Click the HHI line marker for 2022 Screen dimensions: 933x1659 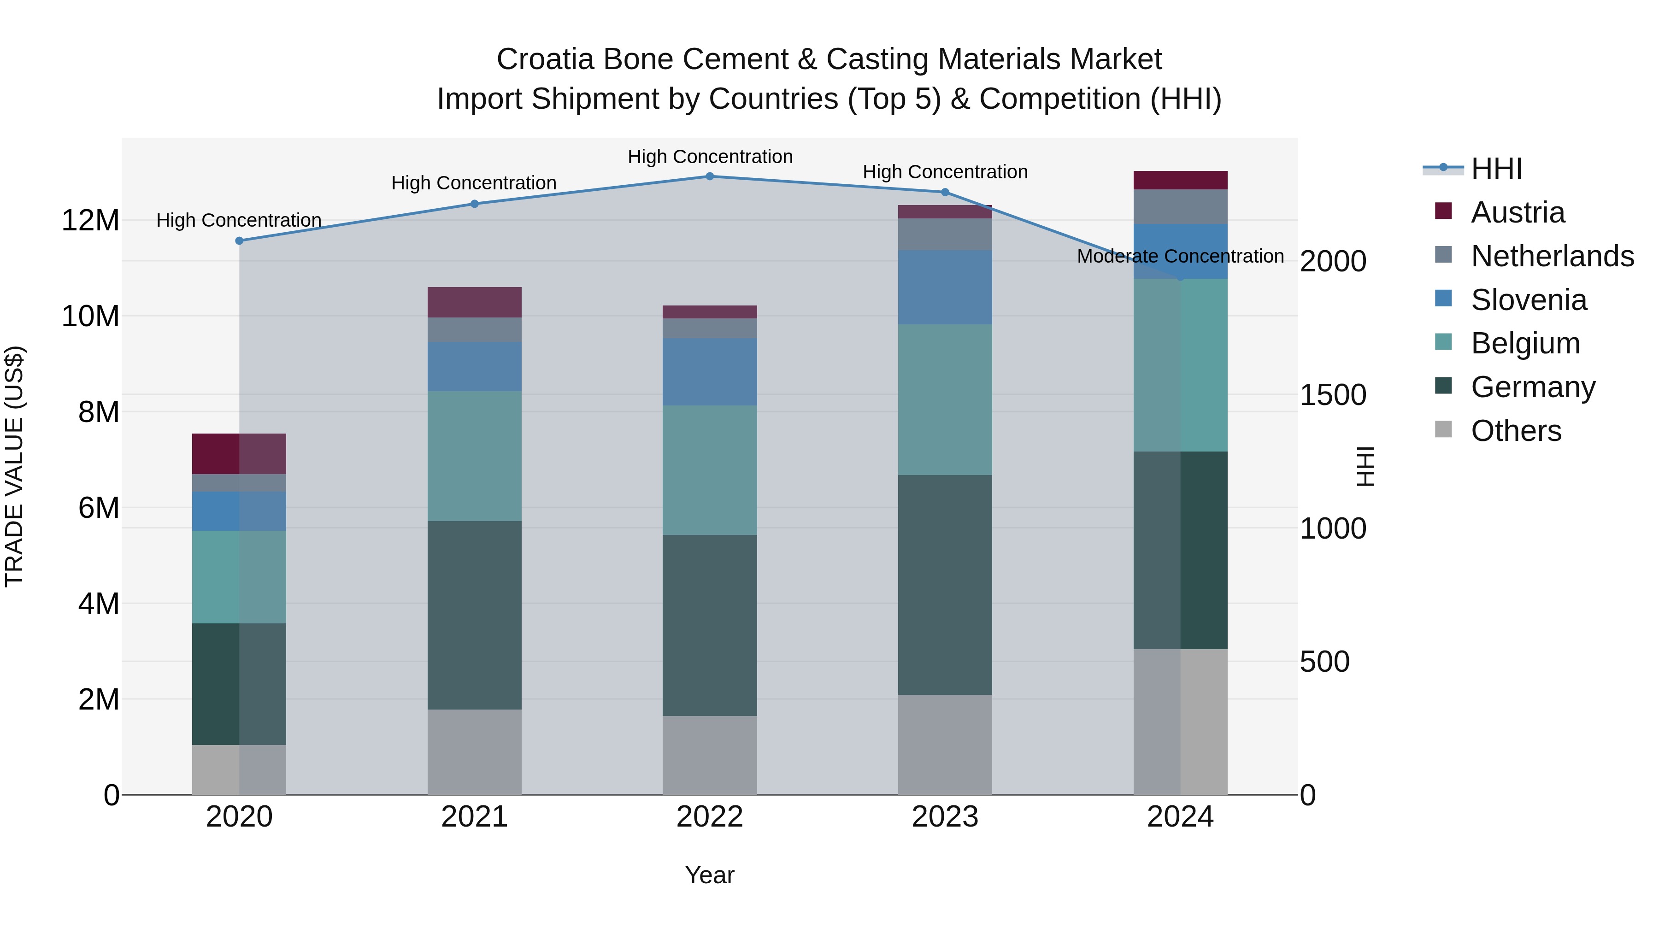pos(710,176)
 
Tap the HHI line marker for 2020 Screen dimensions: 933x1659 pos(239,241)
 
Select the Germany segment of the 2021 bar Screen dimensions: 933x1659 pos(474,615)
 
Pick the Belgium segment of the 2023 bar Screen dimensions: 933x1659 pos(945,399)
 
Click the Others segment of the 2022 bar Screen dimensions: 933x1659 pos(710,755)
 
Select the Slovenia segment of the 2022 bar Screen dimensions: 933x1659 pos(710,371)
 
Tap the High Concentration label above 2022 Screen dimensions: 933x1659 pos(710,157)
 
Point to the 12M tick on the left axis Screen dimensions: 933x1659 pos(90,221)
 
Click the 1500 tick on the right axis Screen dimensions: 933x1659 pos(1332,395)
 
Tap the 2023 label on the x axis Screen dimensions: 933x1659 pos(945,817)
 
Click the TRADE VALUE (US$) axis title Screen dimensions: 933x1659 pos(14,466)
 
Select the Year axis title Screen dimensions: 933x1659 pos(710,875)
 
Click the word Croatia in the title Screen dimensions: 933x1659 pos(545,59)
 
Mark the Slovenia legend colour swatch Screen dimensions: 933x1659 pos(1443,299)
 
